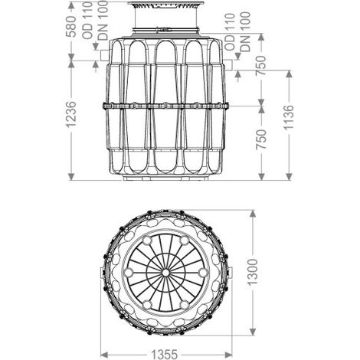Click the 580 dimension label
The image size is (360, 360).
point(71,26)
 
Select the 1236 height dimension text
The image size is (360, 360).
point(71,114)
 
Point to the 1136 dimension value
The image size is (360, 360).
point(290,117)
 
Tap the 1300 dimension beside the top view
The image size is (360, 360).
point(253,272)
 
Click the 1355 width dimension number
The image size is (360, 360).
point(165,355)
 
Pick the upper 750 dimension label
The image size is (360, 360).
point(261,65)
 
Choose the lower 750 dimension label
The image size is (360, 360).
point(261,139)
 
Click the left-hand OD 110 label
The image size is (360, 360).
point(87,21)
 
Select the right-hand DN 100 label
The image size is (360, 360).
point(246,32)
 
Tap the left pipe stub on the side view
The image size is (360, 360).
point(106,55)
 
